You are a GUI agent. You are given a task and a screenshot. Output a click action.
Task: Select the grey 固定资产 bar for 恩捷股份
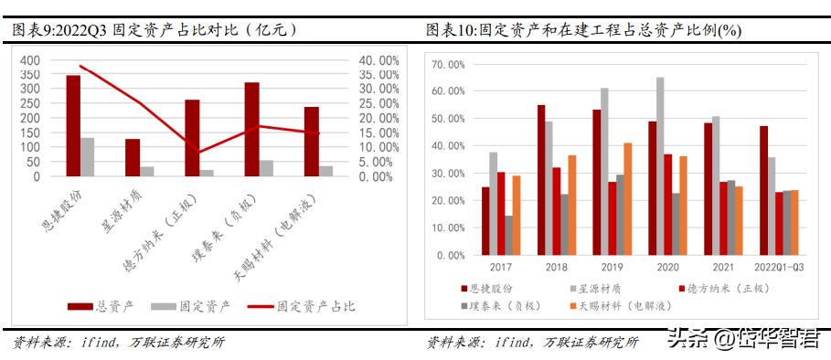tap(88, 156)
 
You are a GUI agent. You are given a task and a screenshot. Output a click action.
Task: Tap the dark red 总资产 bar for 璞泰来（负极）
tap(251, 129)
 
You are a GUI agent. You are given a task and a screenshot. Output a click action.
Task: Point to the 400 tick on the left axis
tap(30, 60)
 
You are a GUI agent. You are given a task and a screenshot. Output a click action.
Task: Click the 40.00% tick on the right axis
tap(378, 60)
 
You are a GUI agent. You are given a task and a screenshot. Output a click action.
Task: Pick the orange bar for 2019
tap(627, 199)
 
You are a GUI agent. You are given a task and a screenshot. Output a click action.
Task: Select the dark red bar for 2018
tap(541, 180)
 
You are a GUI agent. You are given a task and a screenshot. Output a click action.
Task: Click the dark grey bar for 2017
tap(507, 236)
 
